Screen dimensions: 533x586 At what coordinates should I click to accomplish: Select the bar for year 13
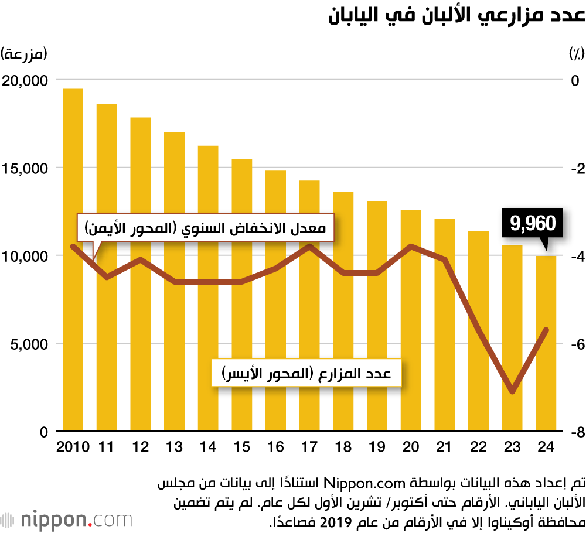coord(174,281)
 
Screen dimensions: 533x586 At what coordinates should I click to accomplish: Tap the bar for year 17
coord(309,305)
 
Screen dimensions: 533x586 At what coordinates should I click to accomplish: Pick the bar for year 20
coord(411,320)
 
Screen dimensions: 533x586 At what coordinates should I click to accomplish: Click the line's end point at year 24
coord(546,330)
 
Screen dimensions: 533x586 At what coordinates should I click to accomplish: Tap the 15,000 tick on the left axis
coord(26,168)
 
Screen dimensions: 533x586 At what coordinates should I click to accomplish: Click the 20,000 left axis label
coord(26,80)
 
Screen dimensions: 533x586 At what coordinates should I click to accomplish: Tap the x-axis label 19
coord(377,447)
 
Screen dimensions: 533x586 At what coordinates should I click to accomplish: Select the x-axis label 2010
coord(73,447)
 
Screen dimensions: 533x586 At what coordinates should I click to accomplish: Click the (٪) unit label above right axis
coord(576,54)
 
